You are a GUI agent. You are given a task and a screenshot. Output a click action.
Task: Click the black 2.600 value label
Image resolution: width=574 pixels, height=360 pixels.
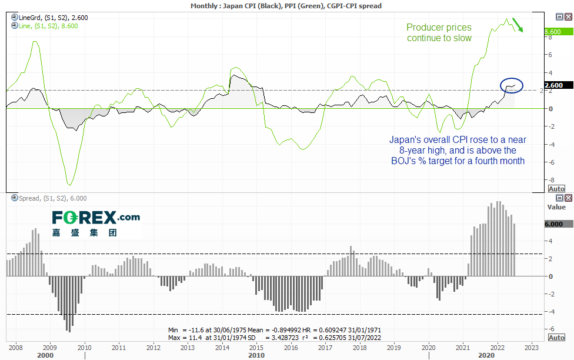[x=556, y=85]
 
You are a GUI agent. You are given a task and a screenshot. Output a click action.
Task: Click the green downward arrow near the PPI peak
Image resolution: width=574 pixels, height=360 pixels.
[x=518, y=25]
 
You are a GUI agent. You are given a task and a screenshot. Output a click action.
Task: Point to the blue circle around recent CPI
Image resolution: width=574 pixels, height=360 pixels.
[x=511, y=85]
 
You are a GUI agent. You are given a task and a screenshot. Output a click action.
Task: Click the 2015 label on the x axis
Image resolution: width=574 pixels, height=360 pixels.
[x=256, y=347]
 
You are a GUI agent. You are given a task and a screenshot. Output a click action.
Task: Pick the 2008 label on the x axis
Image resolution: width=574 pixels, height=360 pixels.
[x=15, y=347]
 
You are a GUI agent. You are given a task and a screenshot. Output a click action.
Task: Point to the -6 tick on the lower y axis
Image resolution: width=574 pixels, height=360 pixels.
[x=550, y=329]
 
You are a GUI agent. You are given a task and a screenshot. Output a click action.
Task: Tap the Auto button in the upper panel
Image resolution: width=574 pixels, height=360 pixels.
[x=556, y=189]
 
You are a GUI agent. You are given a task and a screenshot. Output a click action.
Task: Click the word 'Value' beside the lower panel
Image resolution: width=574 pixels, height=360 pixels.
[x=556, y=207]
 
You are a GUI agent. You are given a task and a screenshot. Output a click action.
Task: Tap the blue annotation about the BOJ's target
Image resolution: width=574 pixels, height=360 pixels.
[x=458, y=150]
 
